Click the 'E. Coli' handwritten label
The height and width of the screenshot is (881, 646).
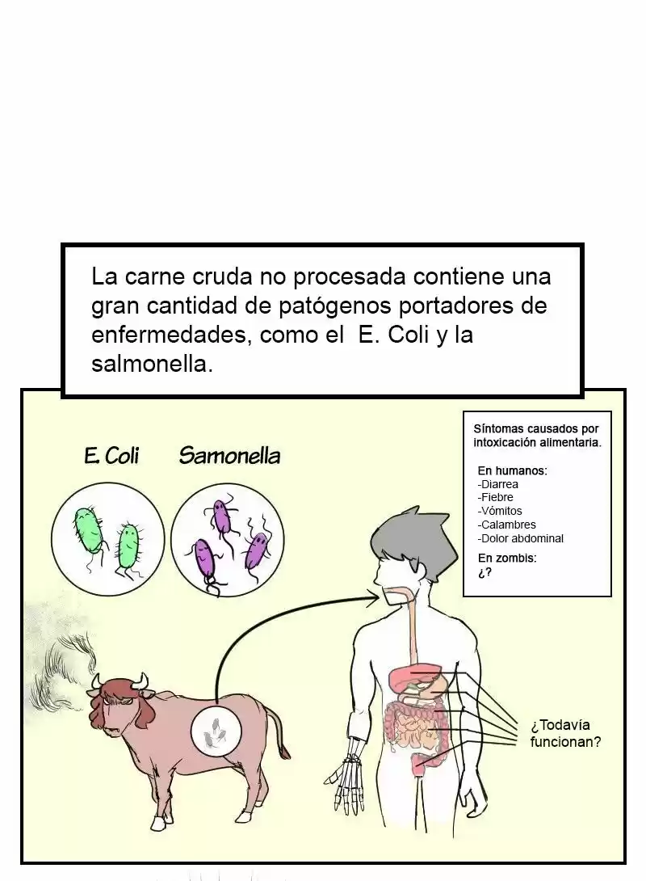click(111, 455)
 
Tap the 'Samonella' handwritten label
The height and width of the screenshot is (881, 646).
click(229, 456)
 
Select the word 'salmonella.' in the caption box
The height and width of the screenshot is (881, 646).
click(152, 364)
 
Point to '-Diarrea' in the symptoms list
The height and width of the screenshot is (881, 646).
click(498, 484)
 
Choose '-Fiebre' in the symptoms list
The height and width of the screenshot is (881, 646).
click(495, 497)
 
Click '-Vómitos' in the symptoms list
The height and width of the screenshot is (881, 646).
click(500, 512)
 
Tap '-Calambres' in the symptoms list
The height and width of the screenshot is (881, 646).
click(507, 525)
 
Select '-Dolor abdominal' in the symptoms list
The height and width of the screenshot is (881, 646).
click(520, 538)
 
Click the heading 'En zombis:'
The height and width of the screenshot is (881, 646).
click(507, 558)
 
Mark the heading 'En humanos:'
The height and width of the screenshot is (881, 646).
click(513, 471)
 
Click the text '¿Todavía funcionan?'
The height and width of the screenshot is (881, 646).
click(565, 733)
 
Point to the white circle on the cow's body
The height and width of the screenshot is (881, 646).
click(216, 731)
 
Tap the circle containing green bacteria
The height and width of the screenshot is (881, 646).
click(107, 539)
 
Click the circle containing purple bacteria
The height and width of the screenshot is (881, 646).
click(227, 539)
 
